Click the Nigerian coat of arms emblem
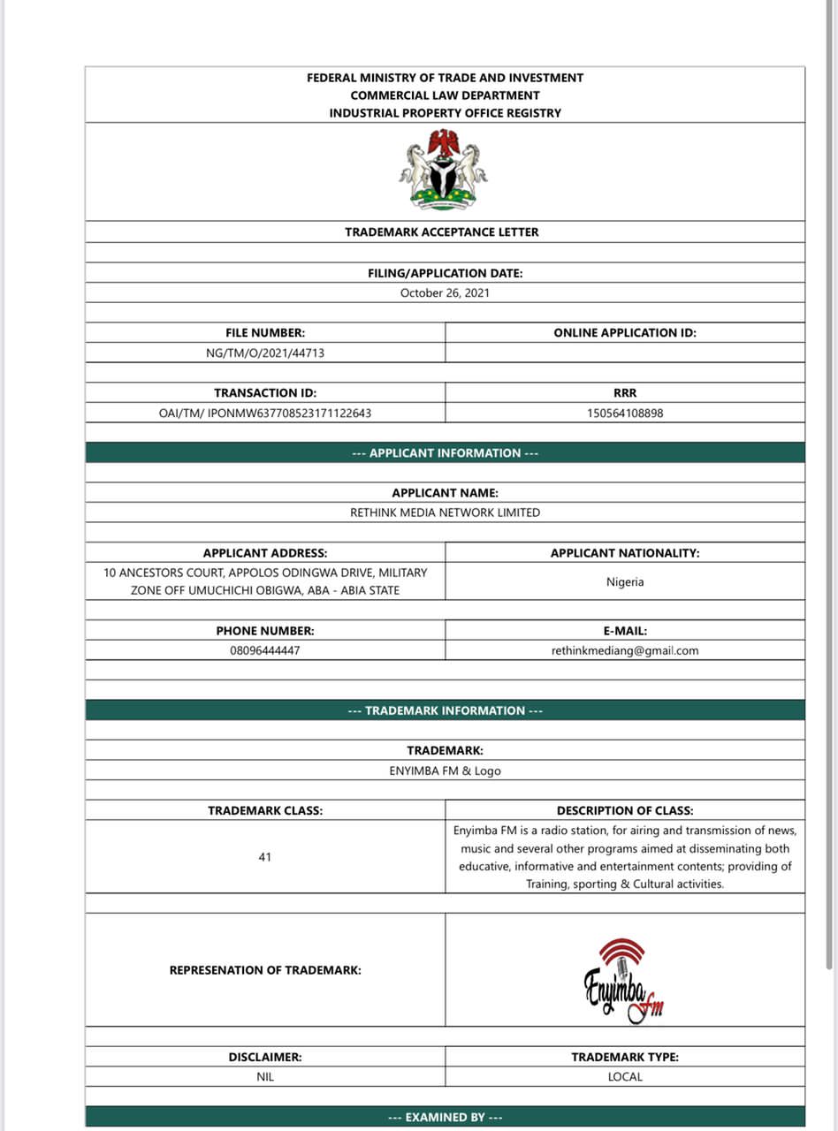tap(444, 170)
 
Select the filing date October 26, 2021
tap(445, 292)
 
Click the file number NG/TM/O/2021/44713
tap(265, 353)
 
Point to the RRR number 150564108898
tap(625, 413)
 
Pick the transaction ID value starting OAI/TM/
tap(265, 413)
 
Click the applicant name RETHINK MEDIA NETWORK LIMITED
tap(445, 512)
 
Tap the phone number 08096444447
tap(265, 650)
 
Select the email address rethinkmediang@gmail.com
tap(625, 650)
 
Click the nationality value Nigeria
tap(625, 582)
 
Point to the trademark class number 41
tap(265, 857)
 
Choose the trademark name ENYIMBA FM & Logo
tap(445, 770)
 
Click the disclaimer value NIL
tap(265, 1077)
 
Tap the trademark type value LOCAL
tap(625, 1077)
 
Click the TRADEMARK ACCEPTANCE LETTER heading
tap(442, 232)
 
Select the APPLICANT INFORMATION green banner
tap(445, 453)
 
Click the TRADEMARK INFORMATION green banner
tap(445, 710)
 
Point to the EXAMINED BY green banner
tap(445, 1117)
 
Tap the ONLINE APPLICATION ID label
tap(625, 333)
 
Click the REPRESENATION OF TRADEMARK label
tap(265, 970)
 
